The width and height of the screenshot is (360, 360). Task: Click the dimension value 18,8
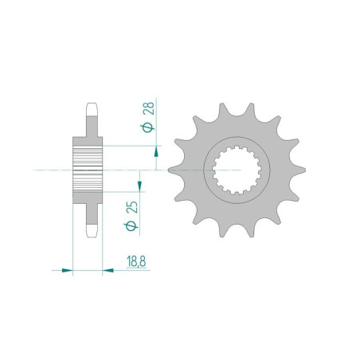[136, 261]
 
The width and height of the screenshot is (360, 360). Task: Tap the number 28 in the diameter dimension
[149, 108]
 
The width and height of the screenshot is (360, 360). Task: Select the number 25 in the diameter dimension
[132, 207]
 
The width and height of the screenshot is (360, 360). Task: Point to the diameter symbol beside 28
[149, 127]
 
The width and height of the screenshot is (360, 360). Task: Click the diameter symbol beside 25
[131, 226]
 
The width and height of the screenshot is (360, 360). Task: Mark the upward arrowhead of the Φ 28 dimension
[156, 152]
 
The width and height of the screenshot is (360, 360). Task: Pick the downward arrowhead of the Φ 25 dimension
[139, 186]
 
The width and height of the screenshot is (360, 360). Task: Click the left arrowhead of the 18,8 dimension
[67, 271]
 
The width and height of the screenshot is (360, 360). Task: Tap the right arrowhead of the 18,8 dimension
[108, 271]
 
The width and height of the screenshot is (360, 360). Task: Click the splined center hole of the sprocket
[237, 170]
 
